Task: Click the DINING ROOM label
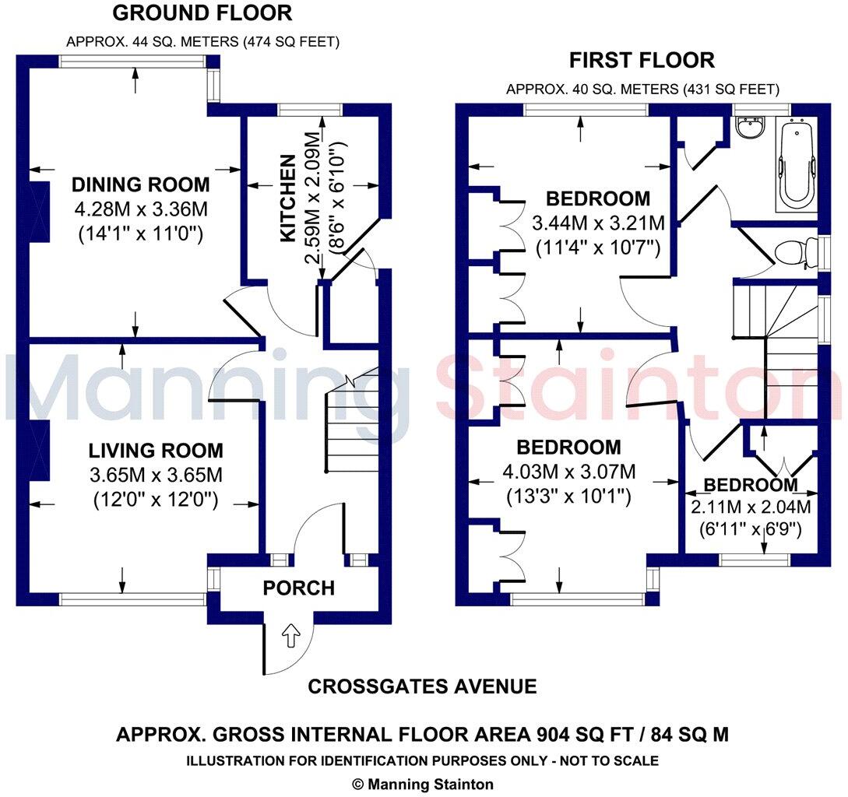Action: click(x=141, y=185)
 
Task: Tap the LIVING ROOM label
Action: click(x=156, y=451)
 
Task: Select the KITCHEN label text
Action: click(x=287, y=198)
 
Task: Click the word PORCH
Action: click(x=298, y=588)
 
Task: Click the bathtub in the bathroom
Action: click(x=797, y=164)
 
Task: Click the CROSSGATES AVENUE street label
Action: click(x=422, y=686)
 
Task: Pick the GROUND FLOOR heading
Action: click(x=202, y=13)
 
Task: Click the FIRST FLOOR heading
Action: click(x=642, y=60)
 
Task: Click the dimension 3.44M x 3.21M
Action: click(x=598, y=224)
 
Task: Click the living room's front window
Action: click(x=132, y=599)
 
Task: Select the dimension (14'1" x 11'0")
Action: click(x=141, y=233)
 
